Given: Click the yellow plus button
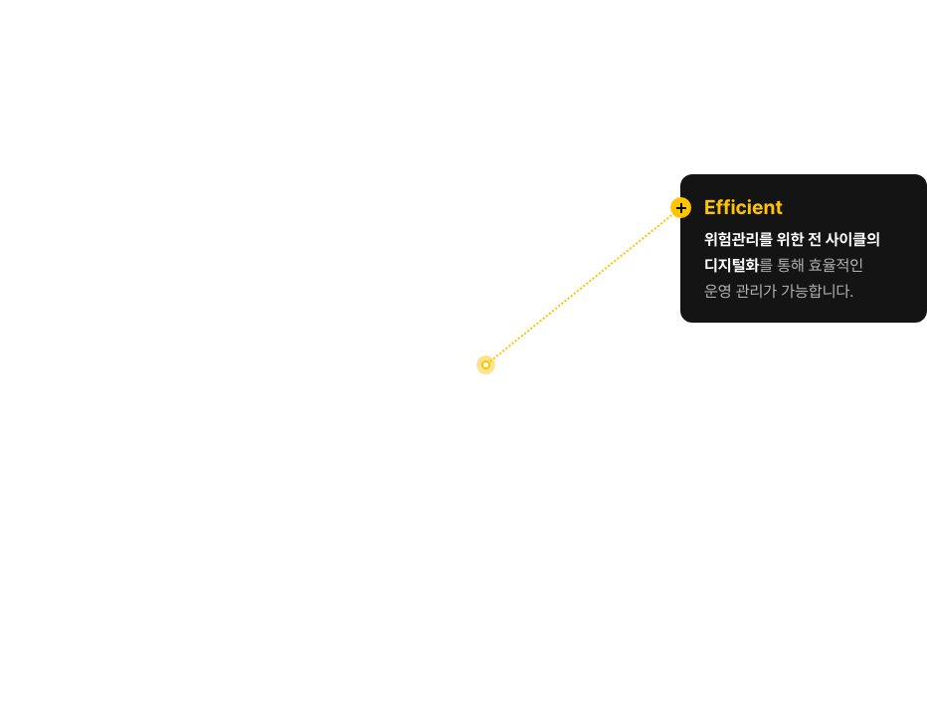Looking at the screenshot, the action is [x=680, y=208].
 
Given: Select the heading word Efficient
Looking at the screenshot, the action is [x=743, y=207].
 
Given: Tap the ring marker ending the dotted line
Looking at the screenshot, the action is [x=485, y=364].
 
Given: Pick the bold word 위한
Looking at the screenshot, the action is [x=790, y=239].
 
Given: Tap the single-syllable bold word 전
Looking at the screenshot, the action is [x=814, y=239].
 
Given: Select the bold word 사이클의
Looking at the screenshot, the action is [x=852, y=239].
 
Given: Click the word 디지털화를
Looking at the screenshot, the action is [x=738, y=265].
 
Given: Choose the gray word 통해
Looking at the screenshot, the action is [x=790, y=265].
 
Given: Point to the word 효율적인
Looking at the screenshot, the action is [x=835, y=265].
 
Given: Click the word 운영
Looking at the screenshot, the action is [x=718, y=291].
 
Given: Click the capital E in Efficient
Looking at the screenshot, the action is [x=710, y=208].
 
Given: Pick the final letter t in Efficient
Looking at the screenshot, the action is [x=778, y=208].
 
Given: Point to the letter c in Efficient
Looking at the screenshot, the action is [x=740, y=210].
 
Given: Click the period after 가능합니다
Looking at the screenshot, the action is [x=851, y=297].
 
